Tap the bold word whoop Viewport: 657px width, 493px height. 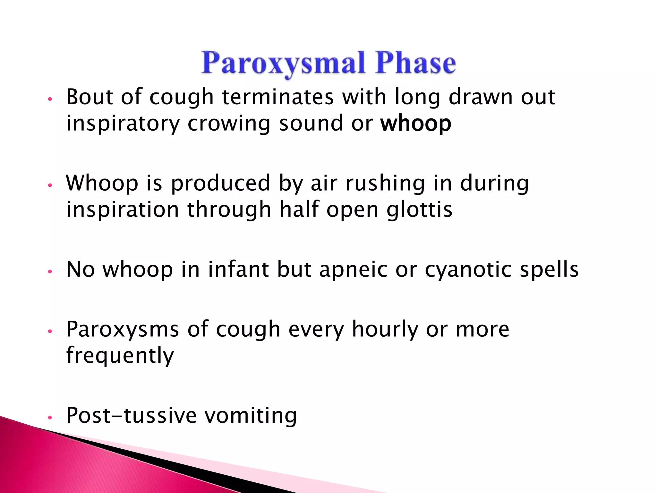[416, 124]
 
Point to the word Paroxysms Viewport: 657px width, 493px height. [123, 330]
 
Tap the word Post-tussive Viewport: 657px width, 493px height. [131, 415]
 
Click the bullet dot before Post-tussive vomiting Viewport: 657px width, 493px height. [50, 418]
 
